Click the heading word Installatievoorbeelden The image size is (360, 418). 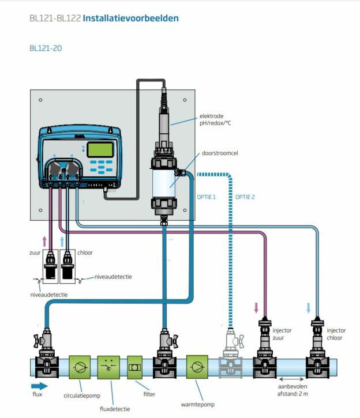point(130,18)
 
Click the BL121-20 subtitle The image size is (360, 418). point(46,48)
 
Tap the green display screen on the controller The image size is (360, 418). point(99,149)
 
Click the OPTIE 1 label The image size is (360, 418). point(206,197)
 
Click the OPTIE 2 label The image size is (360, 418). point(245,197)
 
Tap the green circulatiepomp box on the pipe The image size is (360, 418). point(80,367)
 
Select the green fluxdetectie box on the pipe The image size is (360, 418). point(108,367)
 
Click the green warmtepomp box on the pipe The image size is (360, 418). point(197,367)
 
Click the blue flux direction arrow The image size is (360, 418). point(40,386)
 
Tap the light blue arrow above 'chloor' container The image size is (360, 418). point(62,240)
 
